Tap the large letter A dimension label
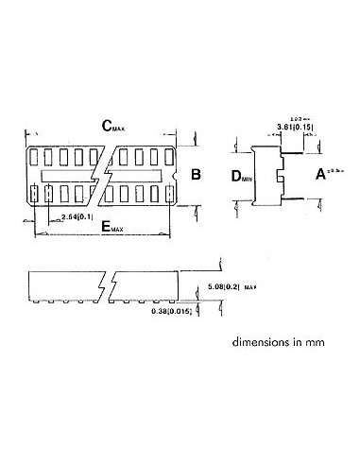tap(320, 175)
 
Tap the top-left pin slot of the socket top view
tap(36, 156)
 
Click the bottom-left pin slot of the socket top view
tap(36, 194)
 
